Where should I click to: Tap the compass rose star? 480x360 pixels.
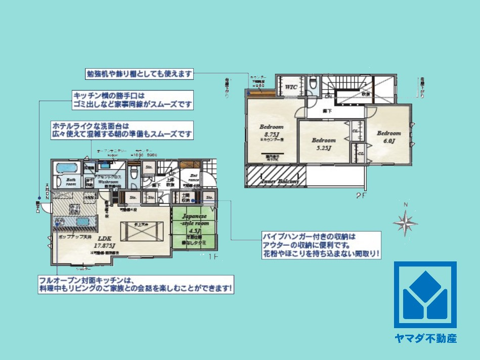pos(405,222)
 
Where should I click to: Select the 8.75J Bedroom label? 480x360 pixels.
pos(272,131)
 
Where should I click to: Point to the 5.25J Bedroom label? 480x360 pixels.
pos(323,144)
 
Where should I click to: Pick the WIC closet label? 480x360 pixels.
pos(291,86)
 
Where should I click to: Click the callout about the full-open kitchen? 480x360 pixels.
pos(136,285)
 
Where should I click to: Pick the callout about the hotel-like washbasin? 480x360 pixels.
pos(122,130)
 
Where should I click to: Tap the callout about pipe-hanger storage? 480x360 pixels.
pos(321,245)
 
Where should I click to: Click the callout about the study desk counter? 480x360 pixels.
pos(139,74)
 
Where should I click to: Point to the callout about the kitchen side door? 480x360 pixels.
pos(133,100)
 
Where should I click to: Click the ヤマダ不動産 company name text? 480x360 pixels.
pos(425,338)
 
